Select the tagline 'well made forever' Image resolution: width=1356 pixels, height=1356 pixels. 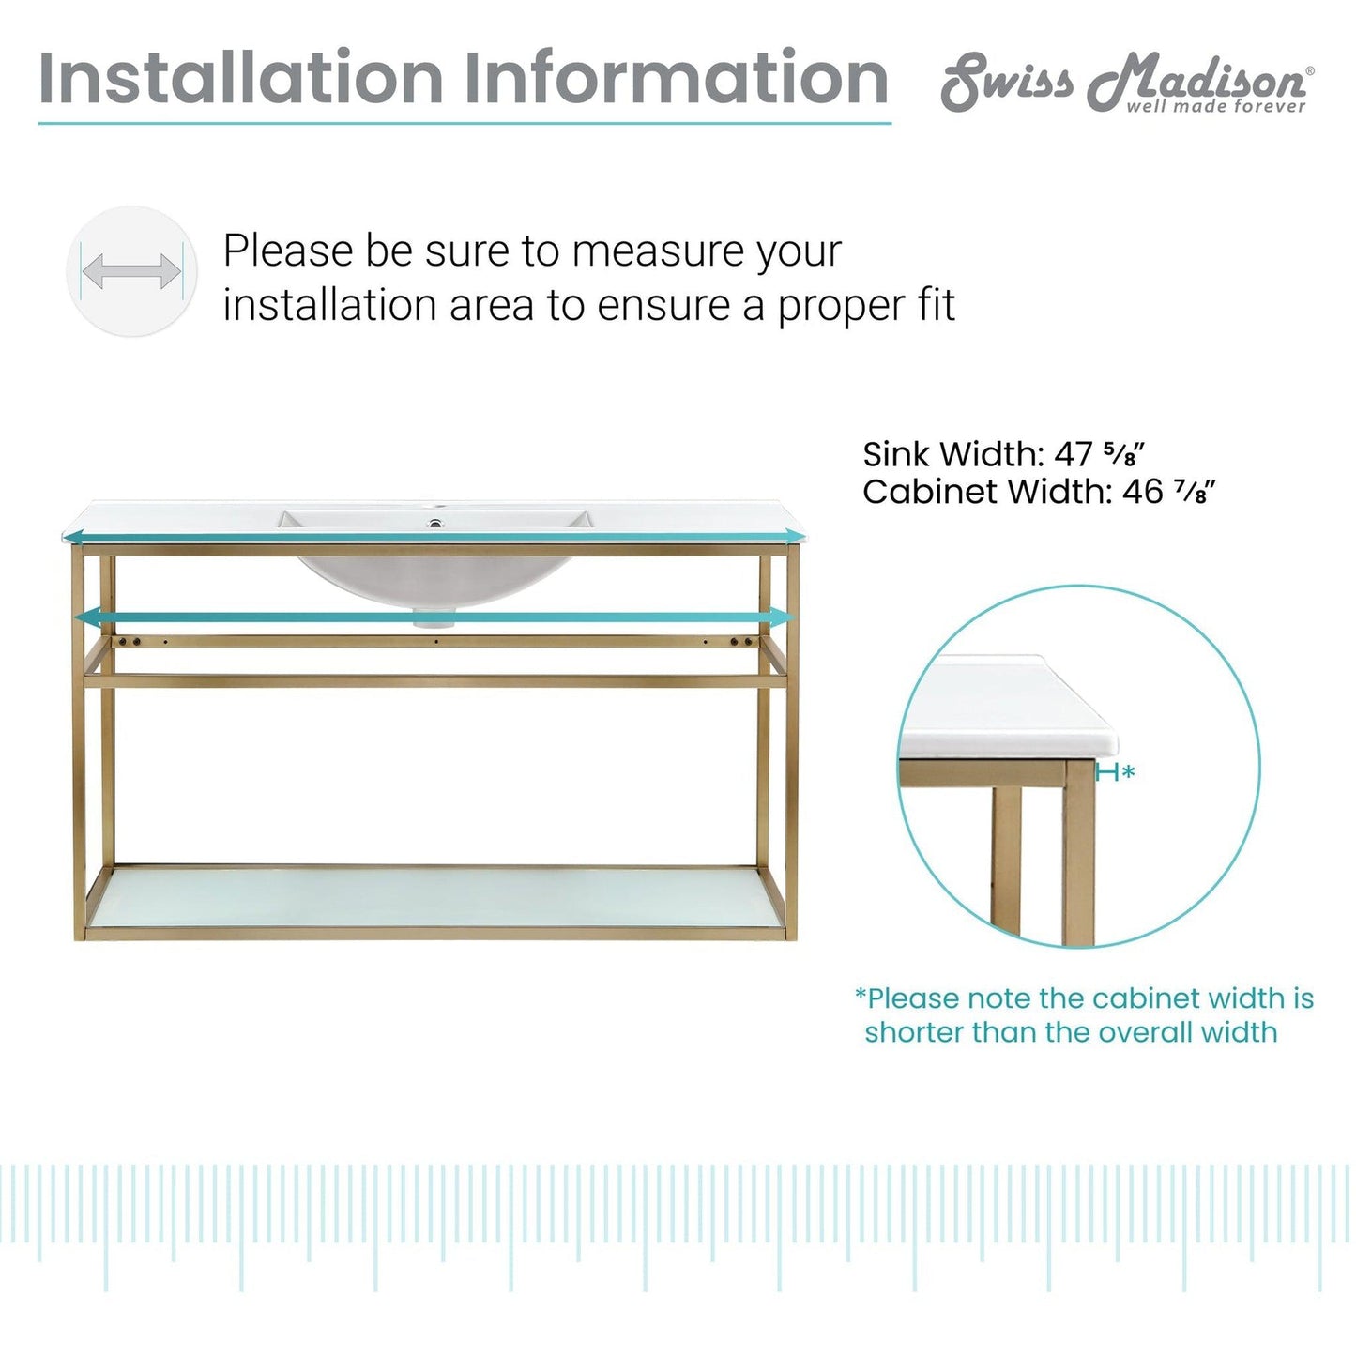point(1216,105)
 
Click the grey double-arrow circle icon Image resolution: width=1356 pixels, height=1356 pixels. point(131,271)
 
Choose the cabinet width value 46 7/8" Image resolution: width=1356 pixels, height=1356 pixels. point(1170,491)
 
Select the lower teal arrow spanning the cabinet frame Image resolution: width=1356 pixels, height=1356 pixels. point(434,617)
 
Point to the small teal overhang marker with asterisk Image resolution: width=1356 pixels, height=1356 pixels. point(1116,773)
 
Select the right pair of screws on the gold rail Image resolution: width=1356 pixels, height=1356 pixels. point(741,642)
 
